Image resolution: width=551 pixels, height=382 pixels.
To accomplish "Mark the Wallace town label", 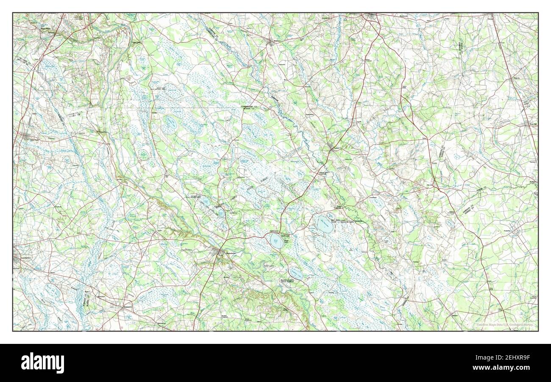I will (x=533, y=183).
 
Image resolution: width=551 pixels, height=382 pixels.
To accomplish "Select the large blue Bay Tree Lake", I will (x=325, y=224).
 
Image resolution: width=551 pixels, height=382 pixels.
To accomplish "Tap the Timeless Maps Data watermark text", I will (x=504, y=325).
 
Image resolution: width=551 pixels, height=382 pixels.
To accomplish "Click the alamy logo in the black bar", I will (x=42, y=363).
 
